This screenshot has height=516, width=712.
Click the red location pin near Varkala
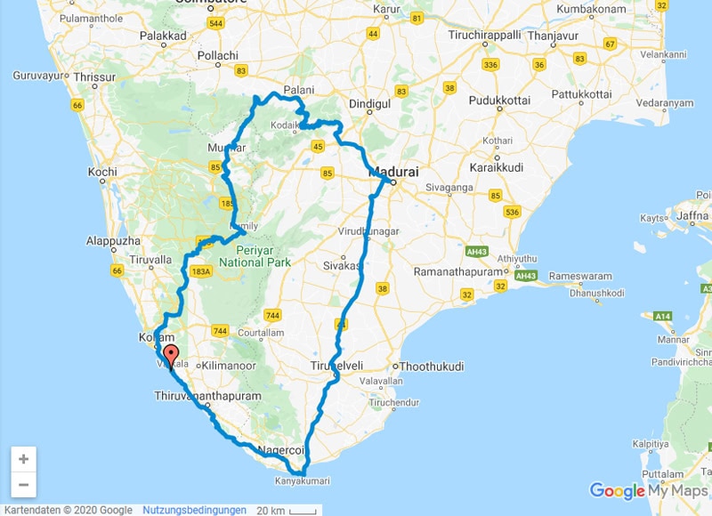[170, 355]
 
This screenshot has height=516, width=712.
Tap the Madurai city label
[392, 170]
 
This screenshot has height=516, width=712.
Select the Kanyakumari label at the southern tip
[302, 481]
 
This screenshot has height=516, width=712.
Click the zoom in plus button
[23, 460]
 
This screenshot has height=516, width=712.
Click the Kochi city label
[102, 172]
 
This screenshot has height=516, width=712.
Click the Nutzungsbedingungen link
[194, 510]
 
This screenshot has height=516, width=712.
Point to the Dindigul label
[369, 104]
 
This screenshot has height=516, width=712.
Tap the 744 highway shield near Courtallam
[273, 315]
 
